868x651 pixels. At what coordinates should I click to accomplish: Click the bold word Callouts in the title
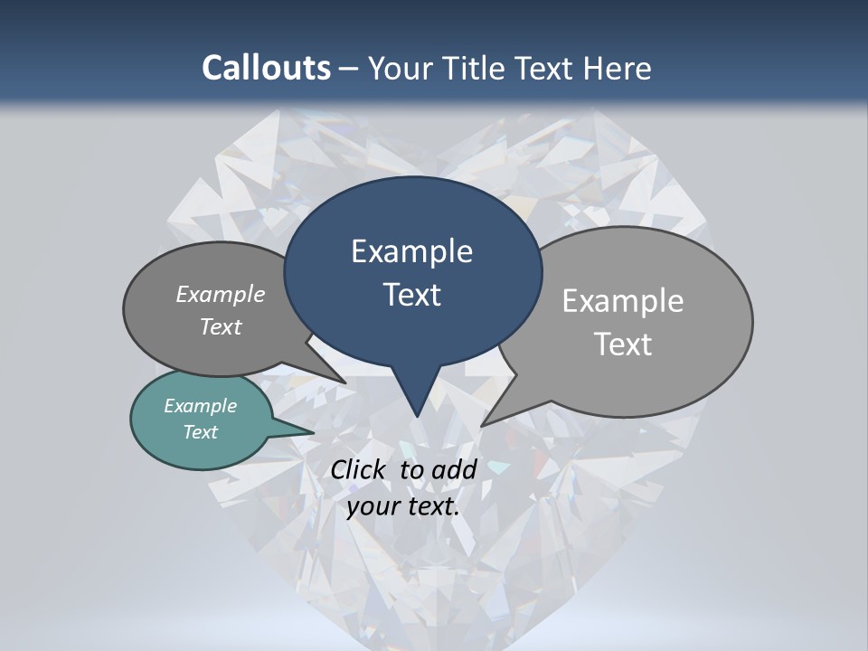pos(266,68)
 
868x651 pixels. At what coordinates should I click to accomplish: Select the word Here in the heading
pos(618,68)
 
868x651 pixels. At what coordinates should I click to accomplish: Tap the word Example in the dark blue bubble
pos(411,251)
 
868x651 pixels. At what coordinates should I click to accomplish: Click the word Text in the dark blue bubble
pos(412,295)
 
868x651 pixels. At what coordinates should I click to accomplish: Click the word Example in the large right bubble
pos(623,301)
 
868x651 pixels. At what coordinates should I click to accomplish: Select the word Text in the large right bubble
pos(623,344)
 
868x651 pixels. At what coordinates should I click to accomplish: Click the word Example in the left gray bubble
pos(221,294)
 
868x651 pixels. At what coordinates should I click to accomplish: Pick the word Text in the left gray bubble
pos(221,326)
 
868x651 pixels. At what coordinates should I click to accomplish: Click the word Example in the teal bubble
pos(201,406)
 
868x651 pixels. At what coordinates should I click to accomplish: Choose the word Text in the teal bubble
pos(201,432)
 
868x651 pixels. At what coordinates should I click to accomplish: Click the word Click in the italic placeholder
pos(360,469)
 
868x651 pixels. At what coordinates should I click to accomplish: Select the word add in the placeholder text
pos(454,469)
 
